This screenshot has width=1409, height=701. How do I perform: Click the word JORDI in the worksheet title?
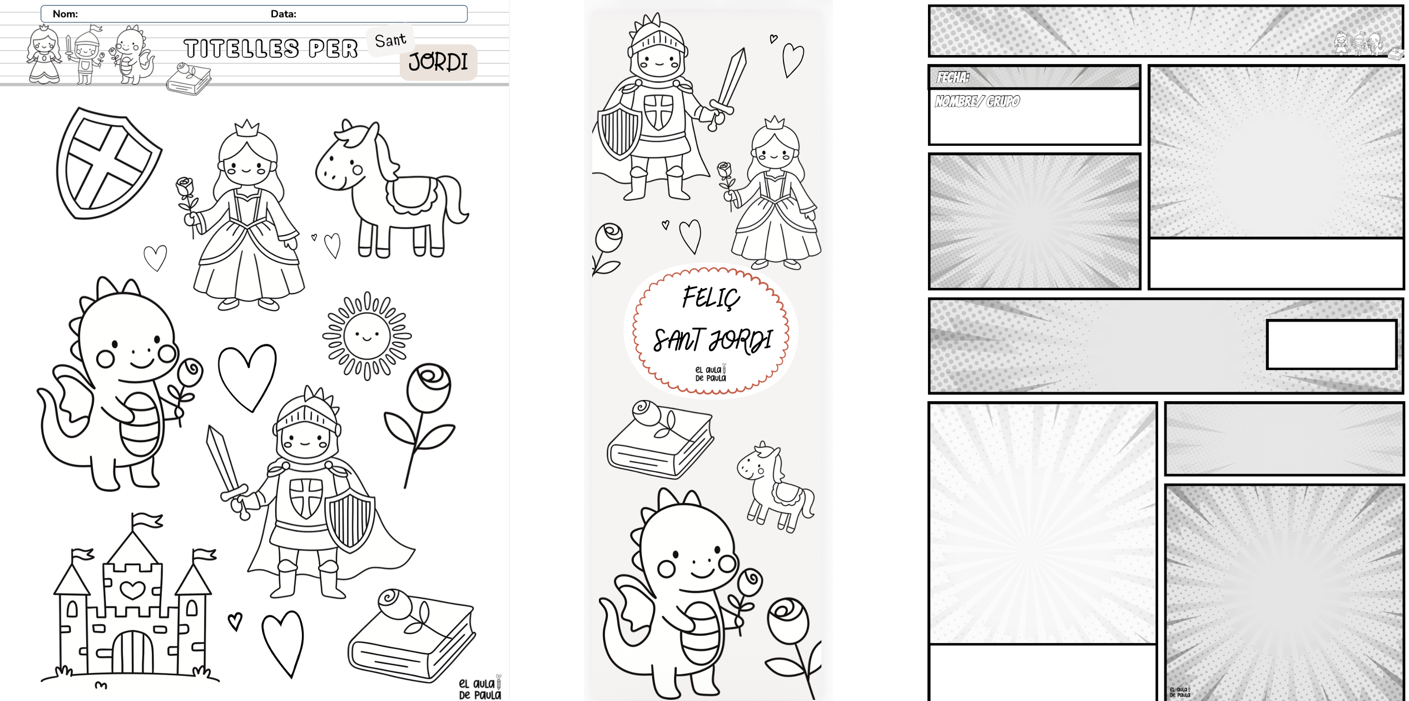pos(438,62)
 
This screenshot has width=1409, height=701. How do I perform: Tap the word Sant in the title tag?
pos(390,40)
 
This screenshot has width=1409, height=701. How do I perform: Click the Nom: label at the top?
pos(65,14)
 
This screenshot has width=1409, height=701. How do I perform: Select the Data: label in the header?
pos(284,14)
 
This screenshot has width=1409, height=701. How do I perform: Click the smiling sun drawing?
pos(367,335)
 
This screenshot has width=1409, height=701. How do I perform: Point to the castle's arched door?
pos(132,651)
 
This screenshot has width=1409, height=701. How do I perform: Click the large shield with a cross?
pos(108,164)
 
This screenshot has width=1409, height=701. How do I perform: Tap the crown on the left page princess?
pos(247,129)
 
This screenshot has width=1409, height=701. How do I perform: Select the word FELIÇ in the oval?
pos(711,297)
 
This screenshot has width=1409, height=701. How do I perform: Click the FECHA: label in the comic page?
pos(953,77)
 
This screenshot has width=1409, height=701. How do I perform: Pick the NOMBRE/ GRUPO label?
pos(978,101)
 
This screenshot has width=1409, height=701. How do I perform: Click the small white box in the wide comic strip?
pos(1332,344)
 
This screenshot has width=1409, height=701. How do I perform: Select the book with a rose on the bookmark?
pos(660,440)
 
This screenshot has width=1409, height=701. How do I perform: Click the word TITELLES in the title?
pos(241,49)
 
